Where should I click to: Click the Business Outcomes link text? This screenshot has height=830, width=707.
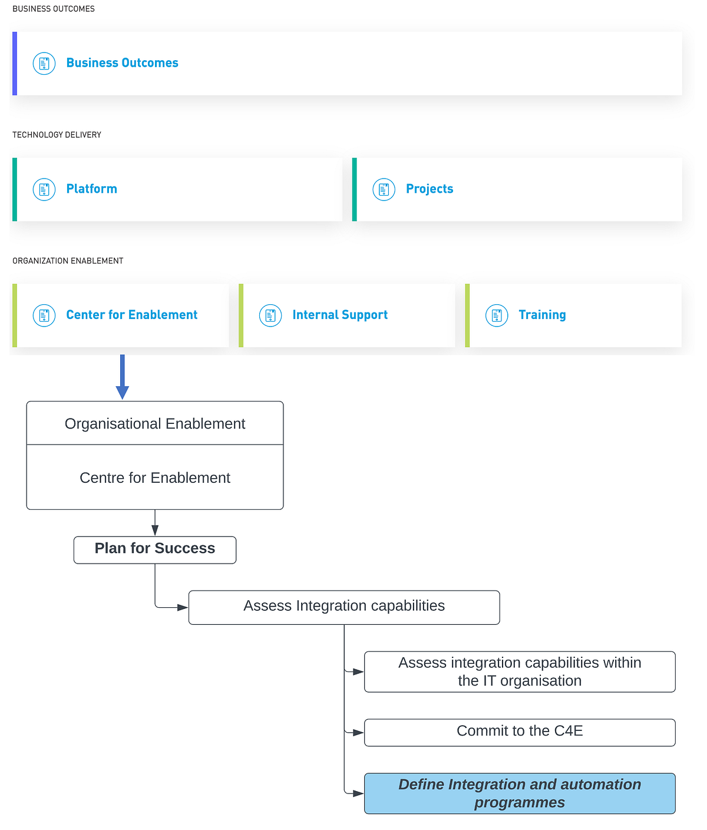point(122,63)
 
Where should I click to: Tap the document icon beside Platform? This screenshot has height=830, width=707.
point(44,189)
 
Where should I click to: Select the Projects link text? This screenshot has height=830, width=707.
point(430,189)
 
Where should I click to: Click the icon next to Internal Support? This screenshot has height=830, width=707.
point(270,315)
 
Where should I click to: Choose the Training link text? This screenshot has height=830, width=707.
point(542,315)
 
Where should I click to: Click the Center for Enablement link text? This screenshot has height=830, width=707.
point(131,315)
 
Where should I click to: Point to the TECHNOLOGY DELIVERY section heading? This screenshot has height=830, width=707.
point(57,135)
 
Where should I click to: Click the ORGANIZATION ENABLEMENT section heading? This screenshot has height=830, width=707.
point(68,261)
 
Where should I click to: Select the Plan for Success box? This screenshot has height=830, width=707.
point(155,549)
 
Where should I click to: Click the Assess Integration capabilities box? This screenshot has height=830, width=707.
point(344,607)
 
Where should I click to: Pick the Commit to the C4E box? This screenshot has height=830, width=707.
point(520,732)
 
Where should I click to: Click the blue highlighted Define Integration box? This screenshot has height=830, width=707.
point(520,793)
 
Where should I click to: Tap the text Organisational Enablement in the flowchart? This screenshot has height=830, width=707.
point(155,424)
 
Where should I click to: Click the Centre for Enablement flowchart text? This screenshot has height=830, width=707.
point(155,478)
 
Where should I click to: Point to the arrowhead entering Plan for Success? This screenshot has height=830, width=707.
point(155,531)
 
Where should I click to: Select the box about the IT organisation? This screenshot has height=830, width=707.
point(520,671)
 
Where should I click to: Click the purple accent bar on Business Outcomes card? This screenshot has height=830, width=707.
point(15,64)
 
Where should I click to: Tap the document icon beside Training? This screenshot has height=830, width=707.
point(497,315)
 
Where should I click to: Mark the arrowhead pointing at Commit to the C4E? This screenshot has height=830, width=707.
point(358,733)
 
